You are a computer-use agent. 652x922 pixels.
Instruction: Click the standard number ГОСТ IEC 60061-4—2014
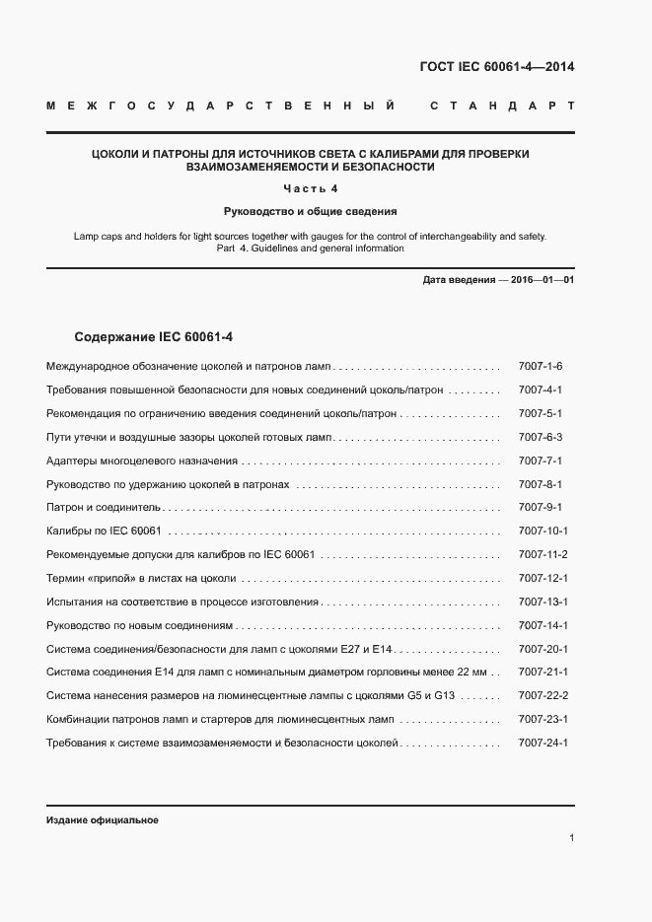tap(497, 67)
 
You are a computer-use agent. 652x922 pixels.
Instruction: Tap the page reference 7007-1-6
tap(540, 366)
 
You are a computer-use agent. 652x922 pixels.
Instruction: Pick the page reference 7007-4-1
tap(540, 390)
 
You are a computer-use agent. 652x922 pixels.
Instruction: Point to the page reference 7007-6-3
tap(540, 437)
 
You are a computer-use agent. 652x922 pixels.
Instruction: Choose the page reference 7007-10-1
tap(543, 532)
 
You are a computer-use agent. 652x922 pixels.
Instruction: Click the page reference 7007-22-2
tap(543, 696)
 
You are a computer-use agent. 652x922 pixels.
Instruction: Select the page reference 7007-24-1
tap(543, 744)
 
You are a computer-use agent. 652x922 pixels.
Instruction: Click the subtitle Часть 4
tap(311, 188)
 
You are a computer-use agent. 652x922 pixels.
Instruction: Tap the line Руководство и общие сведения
tap(311, 211)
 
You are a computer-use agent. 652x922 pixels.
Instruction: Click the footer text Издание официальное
tap(103, 820)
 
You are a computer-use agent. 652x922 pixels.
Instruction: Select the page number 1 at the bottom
tap(572, 838)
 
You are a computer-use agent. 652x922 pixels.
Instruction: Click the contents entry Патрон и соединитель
tap(104, 508)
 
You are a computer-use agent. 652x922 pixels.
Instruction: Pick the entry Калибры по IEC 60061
tap(104, 532)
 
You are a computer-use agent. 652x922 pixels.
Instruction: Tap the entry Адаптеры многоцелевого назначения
tap(142, 461)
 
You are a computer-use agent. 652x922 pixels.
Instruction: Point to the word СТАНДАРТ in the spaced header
tap(502, 106)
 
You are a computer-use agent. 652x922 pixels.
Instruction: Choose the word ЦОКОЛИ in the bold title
tap(114, 154)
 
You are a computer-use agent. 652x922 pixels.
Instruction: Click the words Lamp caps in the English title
tap(99, 237)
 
